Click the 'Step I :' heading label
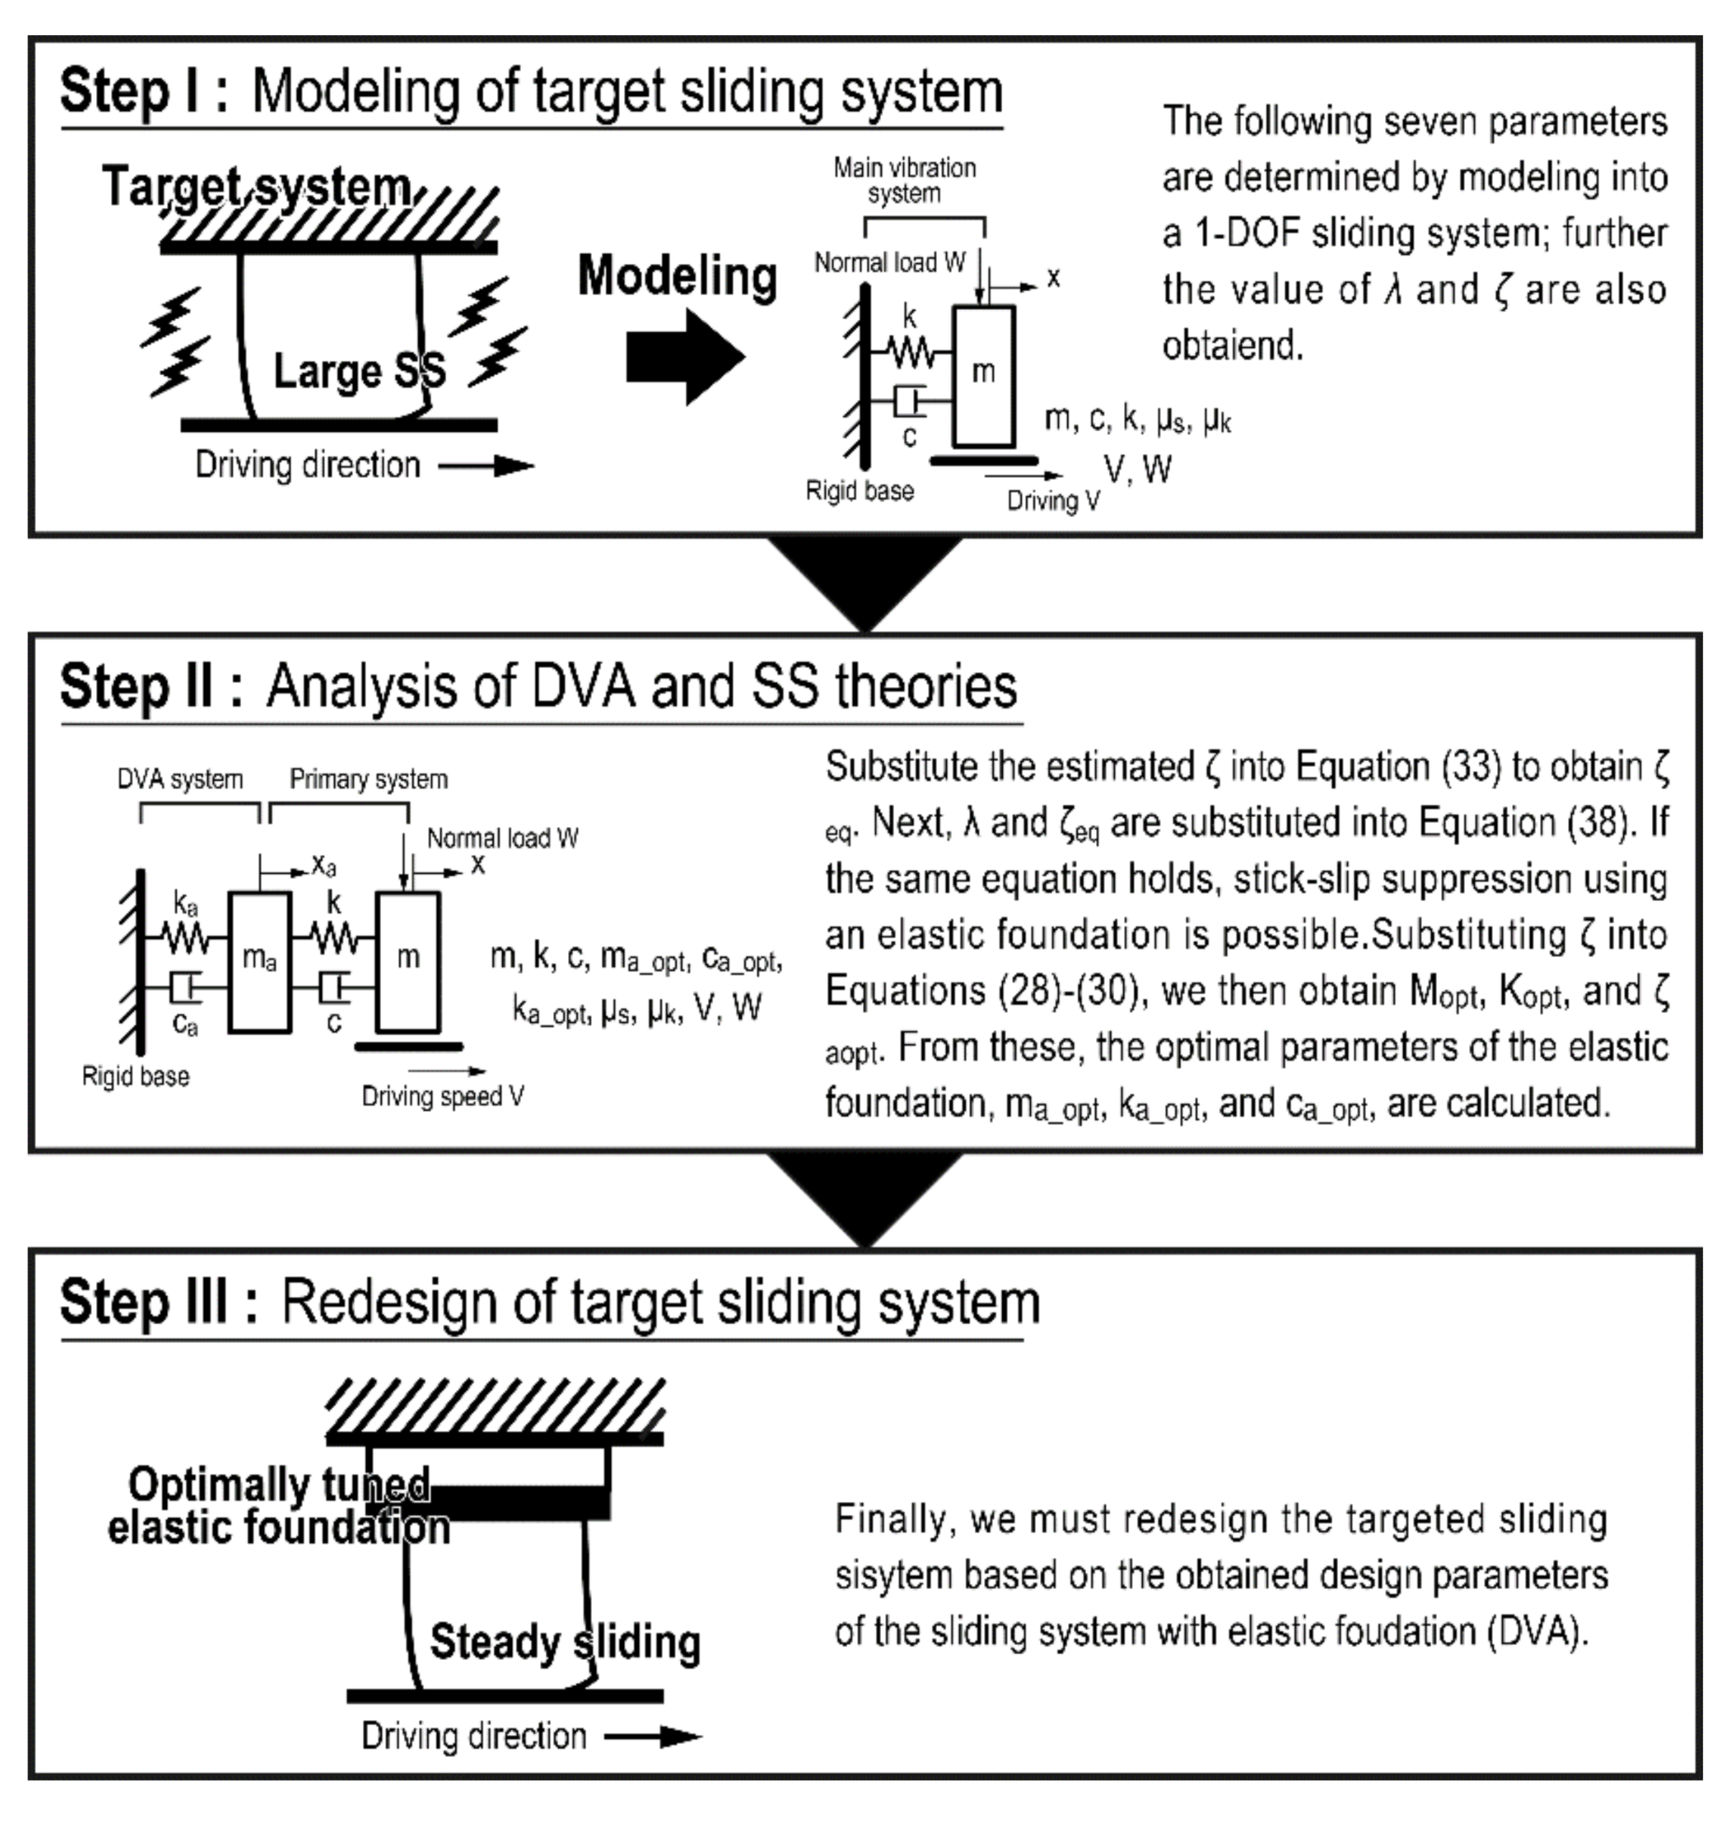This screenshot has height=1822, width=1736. [144, 92]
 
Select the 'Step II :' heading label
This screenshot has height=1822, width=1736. [152, 687]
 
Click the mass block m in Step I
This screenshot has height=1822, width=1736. [983, 374]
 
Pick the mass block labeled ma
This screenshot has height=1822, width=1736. [259, 960]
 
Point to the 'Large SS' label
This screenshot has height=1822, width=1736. [359, 371]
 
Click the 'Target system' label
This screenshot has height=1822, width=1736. [256, 188]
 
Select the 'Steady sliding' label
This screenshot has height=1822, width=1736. [565, 1643]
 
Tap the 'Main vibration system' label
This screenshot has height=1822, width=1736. [904, 181]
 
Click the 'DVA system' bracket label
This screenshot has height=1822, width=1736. [181, 780]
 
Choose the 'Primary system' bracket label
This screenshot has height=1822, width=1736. [368, 780]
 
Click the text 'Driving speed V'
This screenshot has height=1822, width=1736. [443, 1097]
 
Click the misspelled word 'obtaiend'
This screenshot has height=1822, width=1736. [1232, 346]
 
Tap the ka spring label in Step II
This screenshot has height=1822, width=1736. [186, 903]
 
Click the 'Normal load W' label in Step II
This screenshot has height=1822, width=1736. [502, 839]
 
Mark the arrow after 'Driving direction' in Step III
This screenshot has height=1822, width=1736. [654, 1737]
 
